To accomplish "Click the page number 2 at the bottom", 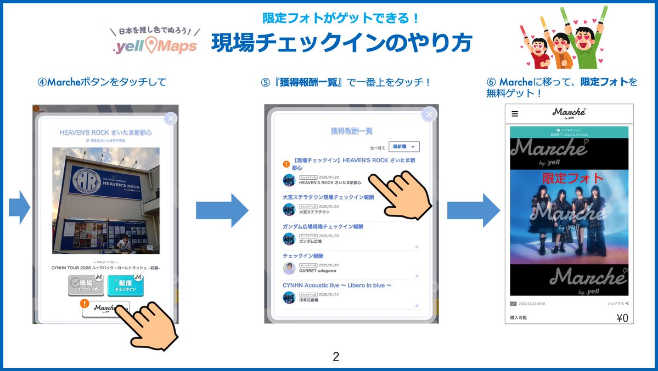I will pos(336,357).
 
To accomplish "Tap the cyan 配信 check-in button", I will pos(125,286).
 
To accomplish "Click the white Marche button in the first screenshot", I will pos(106,309).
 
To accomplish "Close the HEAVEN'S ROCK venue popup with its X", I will pos(171,118).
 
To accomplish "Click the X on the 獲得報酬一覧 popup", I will pos(429,114).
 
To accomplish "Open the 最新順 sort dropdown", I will pos(404,146).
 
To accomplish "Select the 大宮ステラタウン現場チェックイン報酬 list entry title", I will pos(328,197).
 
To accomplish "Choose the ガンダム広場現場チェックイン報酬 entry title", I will pos(323,226).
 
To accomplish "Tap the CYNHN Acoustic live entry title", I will pos(337,286).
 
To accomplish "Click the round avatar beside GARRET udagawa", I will pos(289,268).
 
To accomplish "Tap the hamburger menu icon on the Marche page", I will pos(514,114).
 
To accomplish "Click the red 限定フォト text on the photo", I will pos(573,178).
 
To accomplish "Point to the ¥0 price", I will pos(622,318).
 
